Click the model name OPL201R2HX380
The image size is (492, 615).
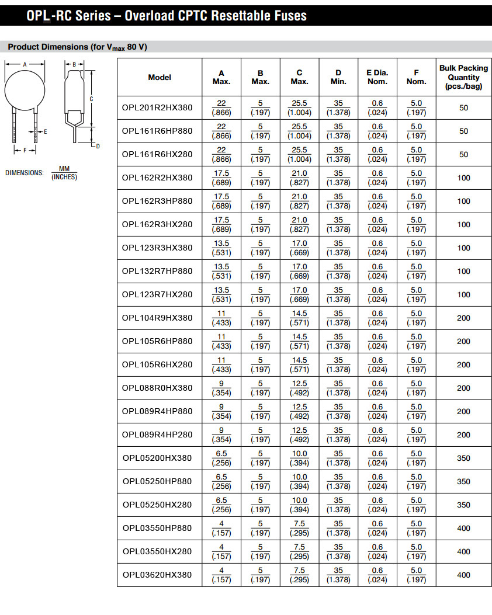pos(157,107)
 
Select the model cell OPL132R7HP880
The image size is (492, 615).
pos(157,271)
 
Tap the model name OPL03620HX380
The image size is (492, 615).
pos(157,575)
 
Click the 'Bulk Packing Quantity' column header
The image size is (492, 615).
pos(463,77)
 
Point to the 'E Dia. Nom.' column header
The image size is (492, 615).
pos(377,77)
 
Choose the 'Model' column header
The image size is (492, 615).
pos(160,77)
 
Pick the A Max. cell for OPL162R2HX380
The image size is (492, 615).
pos(221,178)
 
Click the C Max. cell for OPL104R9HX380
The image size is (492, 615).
pos(299,318)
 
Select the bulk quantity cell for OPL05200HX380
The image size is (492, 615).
pos(463,458)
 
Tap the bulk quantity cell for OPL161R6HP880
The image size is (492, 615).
pos(463,131)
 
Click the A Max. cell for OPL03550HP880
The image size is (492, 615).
pos(221,528)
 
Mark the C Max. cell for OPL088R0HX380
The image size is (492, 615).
pos(299,388)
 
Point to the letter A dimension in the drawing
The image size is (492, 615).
pos(25,64)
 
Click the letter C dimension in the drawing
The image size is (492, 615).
pos(91,99)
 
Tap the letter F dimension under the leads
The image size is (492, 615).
pos(25,150)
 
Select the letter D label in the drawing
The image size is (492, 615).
pos(98,146)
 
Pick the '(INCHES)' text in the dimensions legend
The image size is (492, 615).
pos(64,177)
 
